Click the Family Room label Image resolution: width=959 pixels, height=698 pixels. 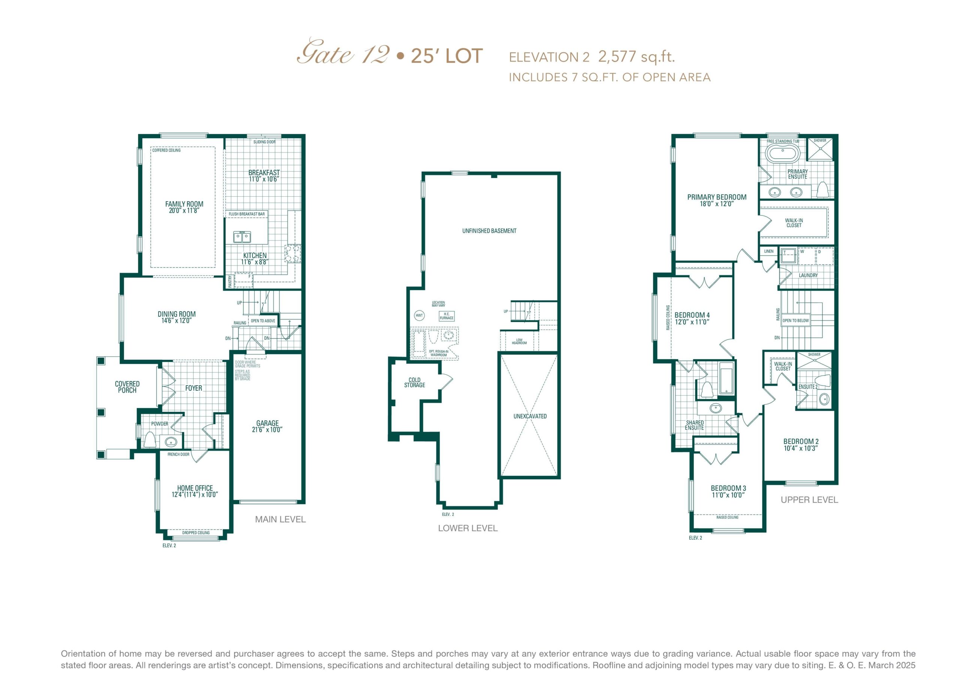tap(184, 204)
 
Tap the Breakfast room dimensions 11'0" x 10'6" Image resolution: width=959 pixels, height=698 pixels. tap(264, 179)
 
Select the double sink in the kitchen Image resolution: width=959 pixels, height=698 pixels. tap(242, 237)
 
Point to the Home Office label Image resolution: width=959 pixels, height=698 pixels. tap(195, 488)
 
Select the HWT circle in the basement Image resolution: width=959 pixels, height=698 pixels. tap(419, 315)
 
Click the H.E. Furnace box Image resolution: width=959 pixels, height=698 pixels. tap(447, 316)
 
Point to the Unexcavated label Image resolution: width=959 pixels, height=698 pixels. tap(530, 416)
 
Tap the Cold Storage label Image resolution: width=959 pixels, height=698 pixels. tap(414, 383)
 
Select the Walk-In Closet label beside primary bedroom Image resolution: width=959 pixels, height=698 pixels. tap(794, 223)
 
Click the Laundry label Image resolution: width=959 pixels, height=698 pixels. tap(808, 275)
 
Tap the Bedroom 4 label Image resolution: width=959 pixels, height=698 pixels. tap(692, 315)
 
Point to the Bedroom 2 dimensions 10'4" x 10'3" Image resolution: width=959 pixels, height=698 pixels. tap(801, 448)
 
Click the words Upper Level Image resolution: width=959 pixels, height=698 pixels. tap(809, 500)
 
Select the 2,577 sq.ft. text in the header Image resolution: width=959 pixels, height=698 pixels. tap(637, 57)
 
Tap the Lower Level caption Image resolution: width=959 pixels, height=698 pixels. tap(468, 528)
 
